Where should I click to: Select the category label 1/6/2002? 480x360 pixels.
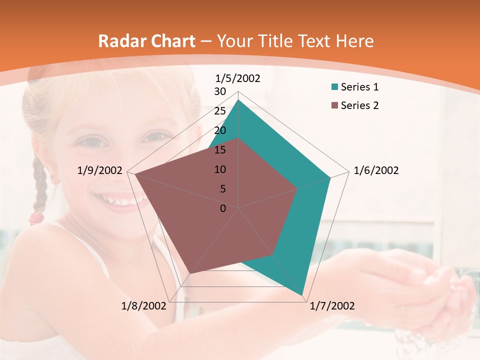click(376, 170)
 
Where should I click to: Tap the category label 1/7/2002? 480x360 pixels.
click(332, 306)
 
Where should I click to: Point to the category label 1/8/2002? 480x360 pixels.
click(143, 306)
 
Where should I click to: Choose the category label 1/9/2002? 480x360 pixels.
click(100, 170)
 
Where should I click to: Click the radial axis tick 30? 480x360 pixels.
click(220, 91)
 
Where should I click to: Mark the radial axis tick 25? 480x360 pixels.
click(220, 111)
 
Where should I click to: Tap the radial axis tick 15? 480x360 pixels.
click(220, 150)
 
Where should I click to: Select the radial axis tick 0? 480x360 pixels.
click(223, 208)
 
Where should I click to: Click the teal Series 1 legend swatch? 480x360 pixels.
click(334, 87)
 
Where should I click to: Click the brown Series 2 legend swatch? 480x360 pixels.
click(334, 105)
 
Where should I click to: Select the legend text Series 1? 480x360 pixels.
click(359, 87)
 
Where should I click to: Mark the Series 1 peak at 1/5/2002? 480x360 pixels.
click(238, 100)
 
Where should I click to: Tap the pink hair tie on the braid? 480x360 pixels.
click(36, 217)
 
